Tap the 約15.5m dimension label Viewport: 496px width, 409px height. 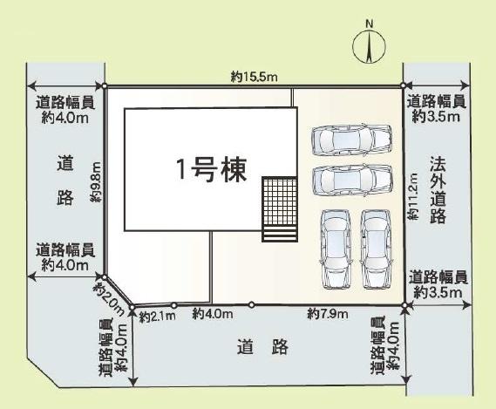coord(255,78)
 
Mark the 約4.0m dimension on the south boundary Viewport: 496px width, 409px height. coord(213,313)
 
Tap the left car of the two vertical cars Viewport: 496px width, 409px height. coord(335,249)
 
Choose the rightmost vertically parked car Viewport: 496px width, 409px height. coord(376,249)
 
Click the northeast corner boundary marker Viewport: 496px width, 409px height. coord(403,85)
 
